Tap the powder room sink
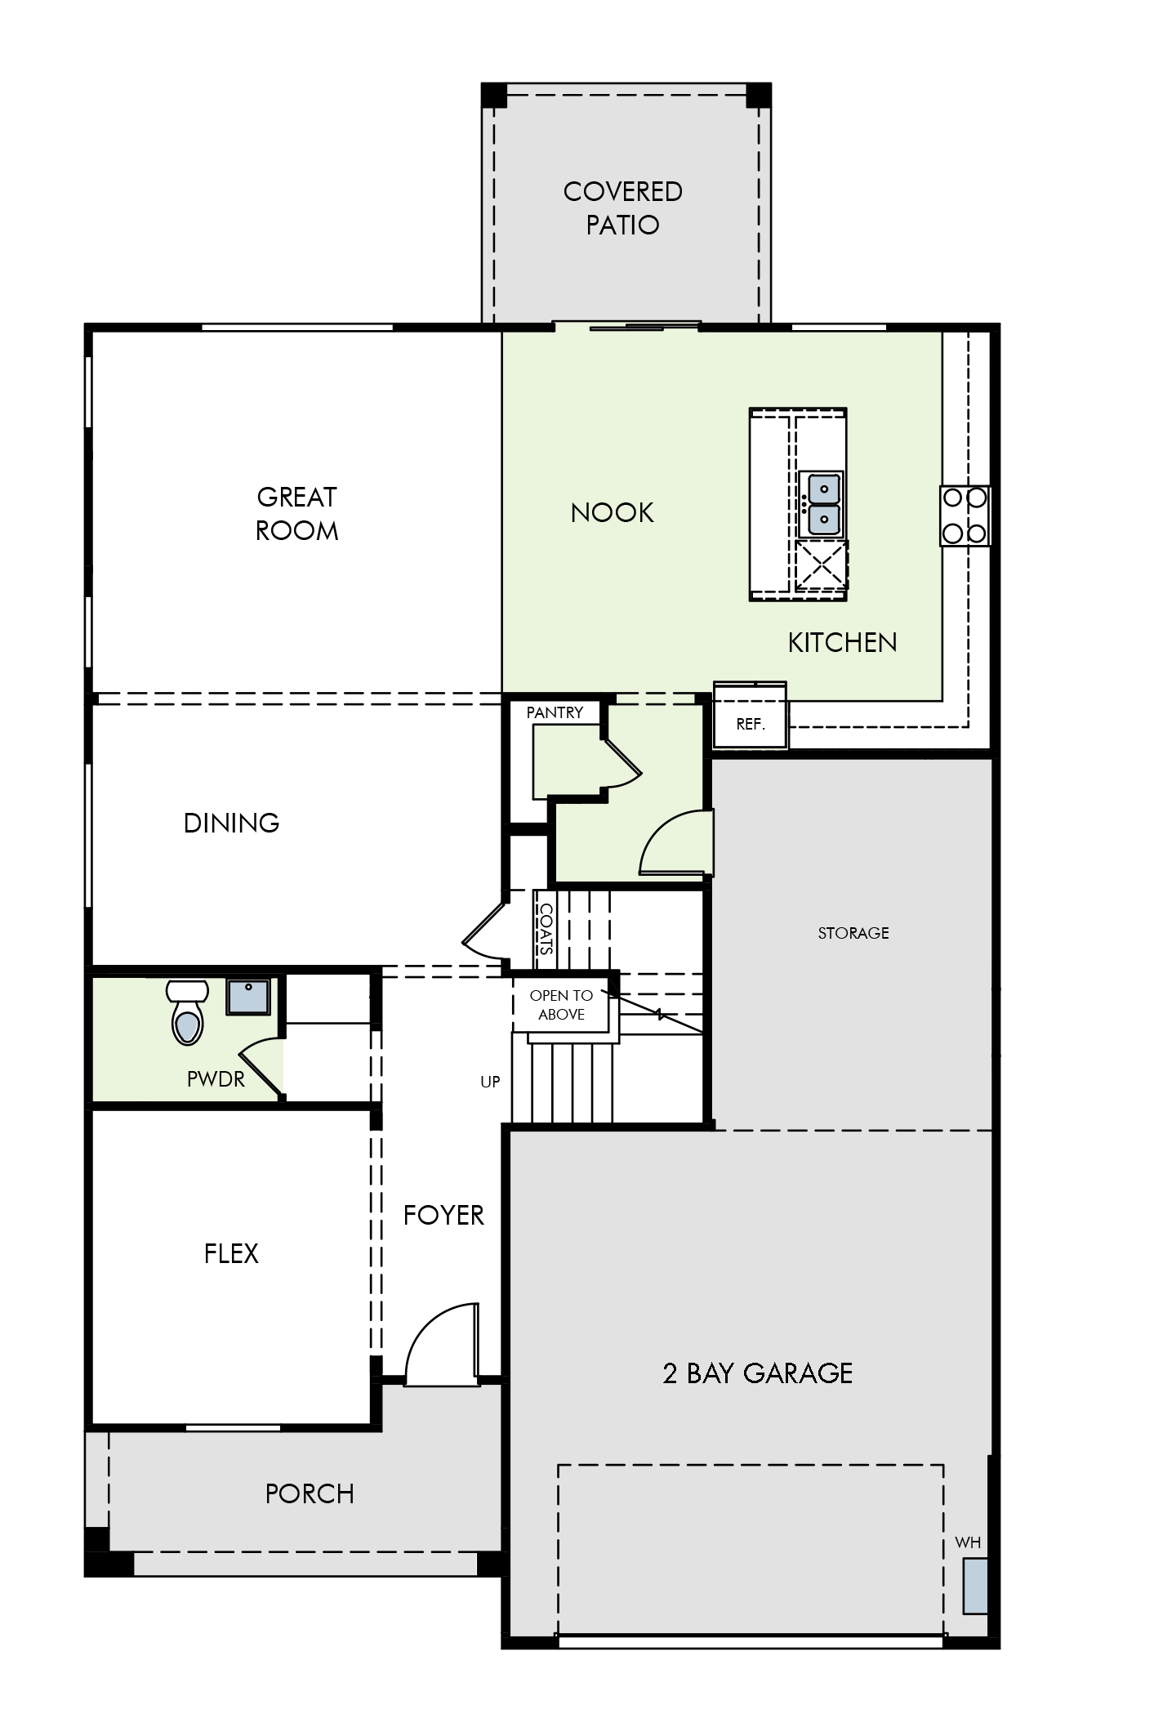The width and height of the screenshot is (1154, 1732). click(247, 998)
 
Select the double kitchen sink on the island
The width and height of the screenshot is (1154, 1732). click(822, 504)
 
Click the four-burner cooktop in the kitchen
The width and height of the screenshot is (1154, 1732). click(965, 516)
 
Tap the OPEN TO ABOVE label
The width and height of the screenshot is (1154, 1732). click(561, 1005)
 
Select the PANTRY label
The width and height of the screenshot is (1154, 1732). click(555, 712)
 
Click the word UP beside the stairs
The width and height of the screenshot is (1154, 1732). click(490, 1082)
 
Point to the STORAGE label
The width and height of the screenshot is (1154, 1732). click(853, 933)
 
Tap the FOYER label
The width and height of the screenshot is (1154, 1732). click(443, 1215)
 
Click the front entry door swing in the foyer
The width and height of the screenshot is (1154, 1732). click(441, 1348)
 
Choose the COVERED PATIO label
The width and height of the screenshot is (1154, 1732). click(622, 208)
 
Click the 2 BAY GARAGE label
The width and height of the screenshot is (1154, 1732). click(757, 1373)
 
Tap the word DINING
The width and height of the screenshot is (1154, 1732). click(231, 823)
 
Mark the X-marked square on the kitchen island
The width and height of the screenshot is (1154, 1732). click(822, 565)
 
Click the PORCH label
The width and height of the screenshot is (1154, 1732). click(310, 1494)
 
